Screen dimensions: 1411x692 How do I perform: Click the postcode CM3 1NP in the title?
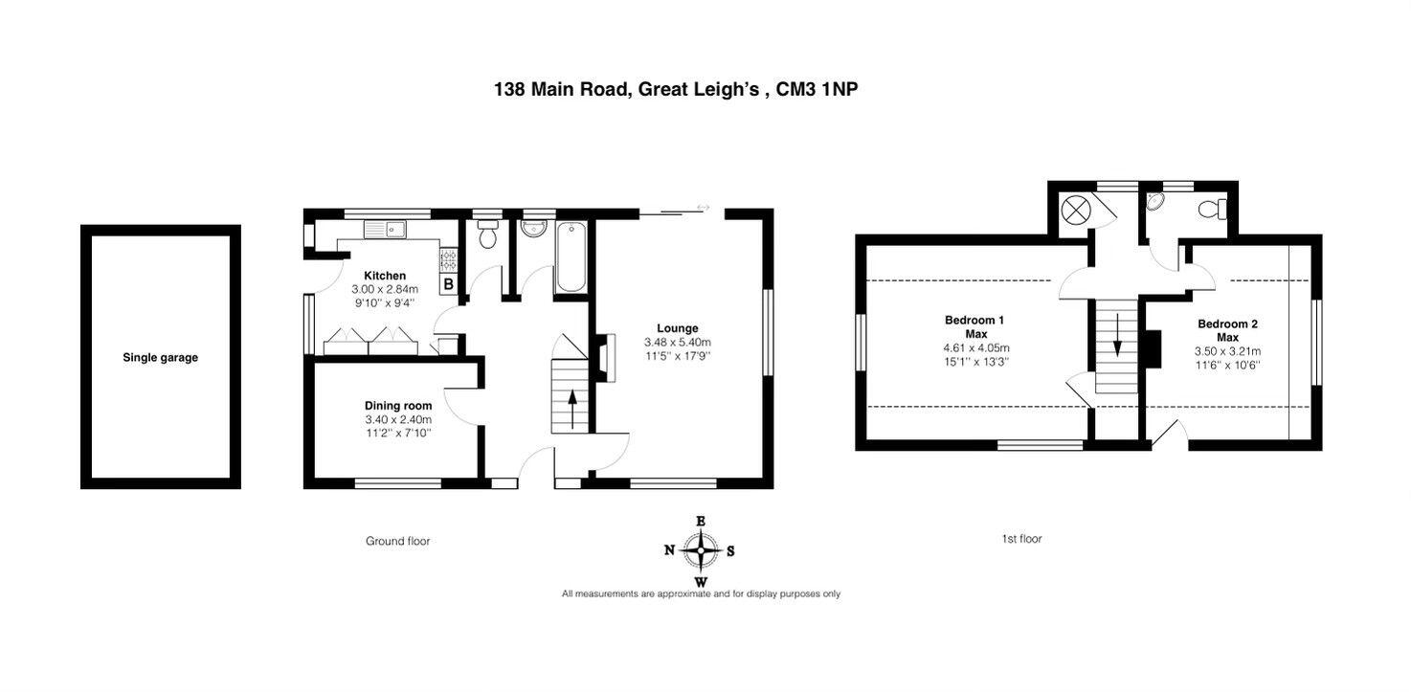817,89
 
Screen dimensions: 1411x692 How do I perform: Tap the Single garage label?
160,358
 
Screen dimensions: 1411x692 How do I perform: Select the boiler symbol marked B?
448,283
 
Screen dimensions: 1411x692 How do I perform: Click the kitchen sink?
385,229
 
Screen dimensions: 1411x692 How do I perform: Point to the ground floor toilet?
487,235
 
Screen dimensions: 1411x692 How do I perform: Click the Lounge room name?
677,328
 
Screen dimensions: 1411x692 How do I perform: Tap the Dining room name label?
398,406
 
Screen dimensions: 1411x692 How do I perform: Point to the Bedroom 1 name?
974,320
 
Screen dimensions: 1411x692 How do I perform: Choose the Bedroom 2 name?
1227,324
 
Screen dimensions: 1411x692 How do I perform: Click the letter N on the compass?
670,550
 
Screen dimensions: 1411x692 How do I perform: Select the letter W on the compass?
701,582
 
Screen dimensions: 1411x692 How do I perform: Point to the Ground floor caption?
397,542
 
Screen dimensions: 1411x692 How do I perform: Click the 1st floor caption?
1021,539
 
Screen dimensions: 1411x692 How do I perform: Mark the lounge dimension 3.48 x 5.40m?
677,342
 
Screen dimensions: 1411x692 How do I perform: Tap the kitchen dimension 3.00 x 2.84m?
385,289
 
